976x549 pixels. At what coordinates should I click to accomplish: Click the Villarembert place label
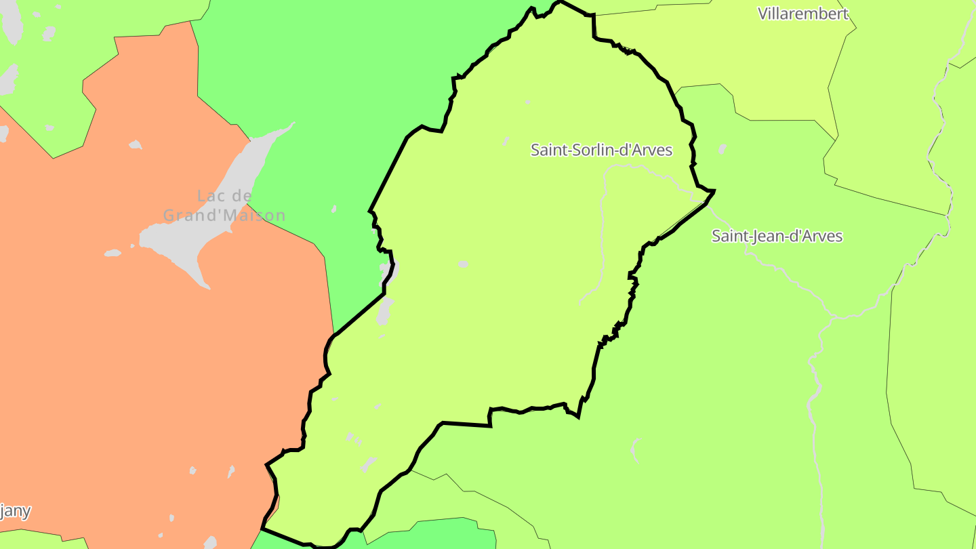802,14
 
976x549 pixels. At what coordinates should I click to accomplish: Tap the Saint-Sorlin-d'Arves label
601,150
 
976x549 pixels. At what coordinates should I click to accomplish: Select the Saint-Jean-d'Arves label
777,236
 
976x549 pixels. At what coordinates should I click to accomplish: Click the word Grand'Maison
224,216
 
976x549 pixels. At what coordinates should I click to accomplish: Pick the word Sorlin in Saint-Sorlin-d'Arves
589,150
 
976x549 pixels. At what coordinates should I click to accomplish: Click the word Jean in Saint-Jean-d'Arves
767,236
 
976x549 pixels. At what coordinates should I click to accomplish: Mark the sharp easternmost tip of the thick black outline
714,192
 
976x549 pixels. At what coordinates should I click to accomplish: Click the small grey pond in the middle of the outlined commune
463,264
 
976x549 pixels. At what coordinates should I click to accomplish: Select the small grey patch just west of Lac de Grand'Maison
113,253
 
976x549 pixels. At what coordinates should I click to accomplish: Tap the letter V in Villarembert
762,14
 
